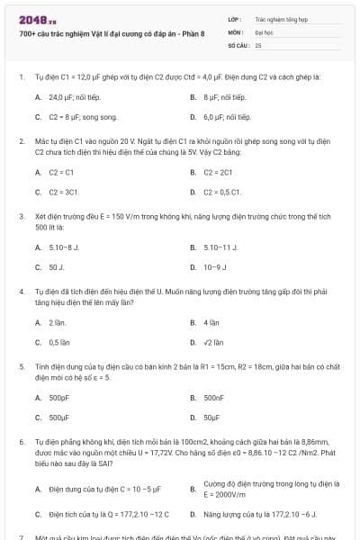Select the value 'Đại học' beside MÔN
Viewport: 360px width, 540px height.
[264, 31]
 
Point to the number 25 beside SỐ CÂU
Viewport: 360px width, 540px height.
[258, 44]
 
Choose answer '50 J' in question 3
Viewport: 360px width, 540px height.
[56, 266]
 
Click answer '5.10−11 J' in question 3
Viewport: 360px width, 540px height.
[220, 246]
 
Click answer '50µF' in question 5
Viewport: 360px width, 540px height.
[213, 418]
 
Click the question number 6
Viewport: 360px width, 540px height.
[21, 443]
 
